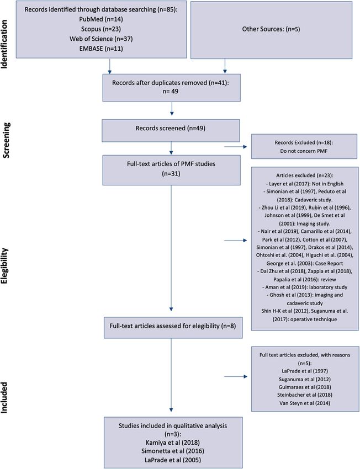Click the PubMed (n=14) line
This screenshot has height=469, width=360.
101,19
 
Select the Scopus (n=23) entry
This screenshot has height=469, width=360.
101,29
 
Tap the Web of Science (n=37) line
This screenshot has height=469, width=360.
101,39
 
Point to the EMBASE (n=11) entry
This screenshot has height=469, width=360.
101,49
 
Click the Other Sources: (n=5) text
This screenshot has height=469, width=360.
271,29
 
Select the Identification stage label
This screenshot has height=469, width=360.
4,44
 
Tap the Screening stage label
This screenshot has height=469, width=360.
6,140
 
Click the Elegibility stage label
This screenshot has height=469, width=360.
6,266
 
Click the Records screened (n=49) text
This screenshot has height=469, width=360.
170,129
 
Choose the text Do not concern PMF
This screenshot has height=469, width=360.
304,151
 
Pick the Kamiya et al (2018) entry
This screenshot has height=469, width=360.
173,443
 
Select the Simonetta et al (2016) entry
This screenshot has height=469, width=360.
173,451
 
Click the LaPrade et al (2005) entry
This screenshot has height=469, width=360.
173,460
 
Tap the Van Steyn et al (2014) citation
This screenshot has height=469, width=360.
305,403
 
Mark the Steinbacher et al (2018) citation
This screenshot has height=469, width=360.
305,395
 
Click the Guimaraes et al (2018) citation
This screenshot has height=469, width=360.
305,387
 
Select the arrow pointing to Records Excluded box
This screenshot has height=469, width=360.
236,147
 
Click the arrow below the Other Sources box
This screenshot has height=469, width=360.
225,66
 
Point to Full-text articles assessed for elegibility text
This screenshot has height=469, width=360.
173,326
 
